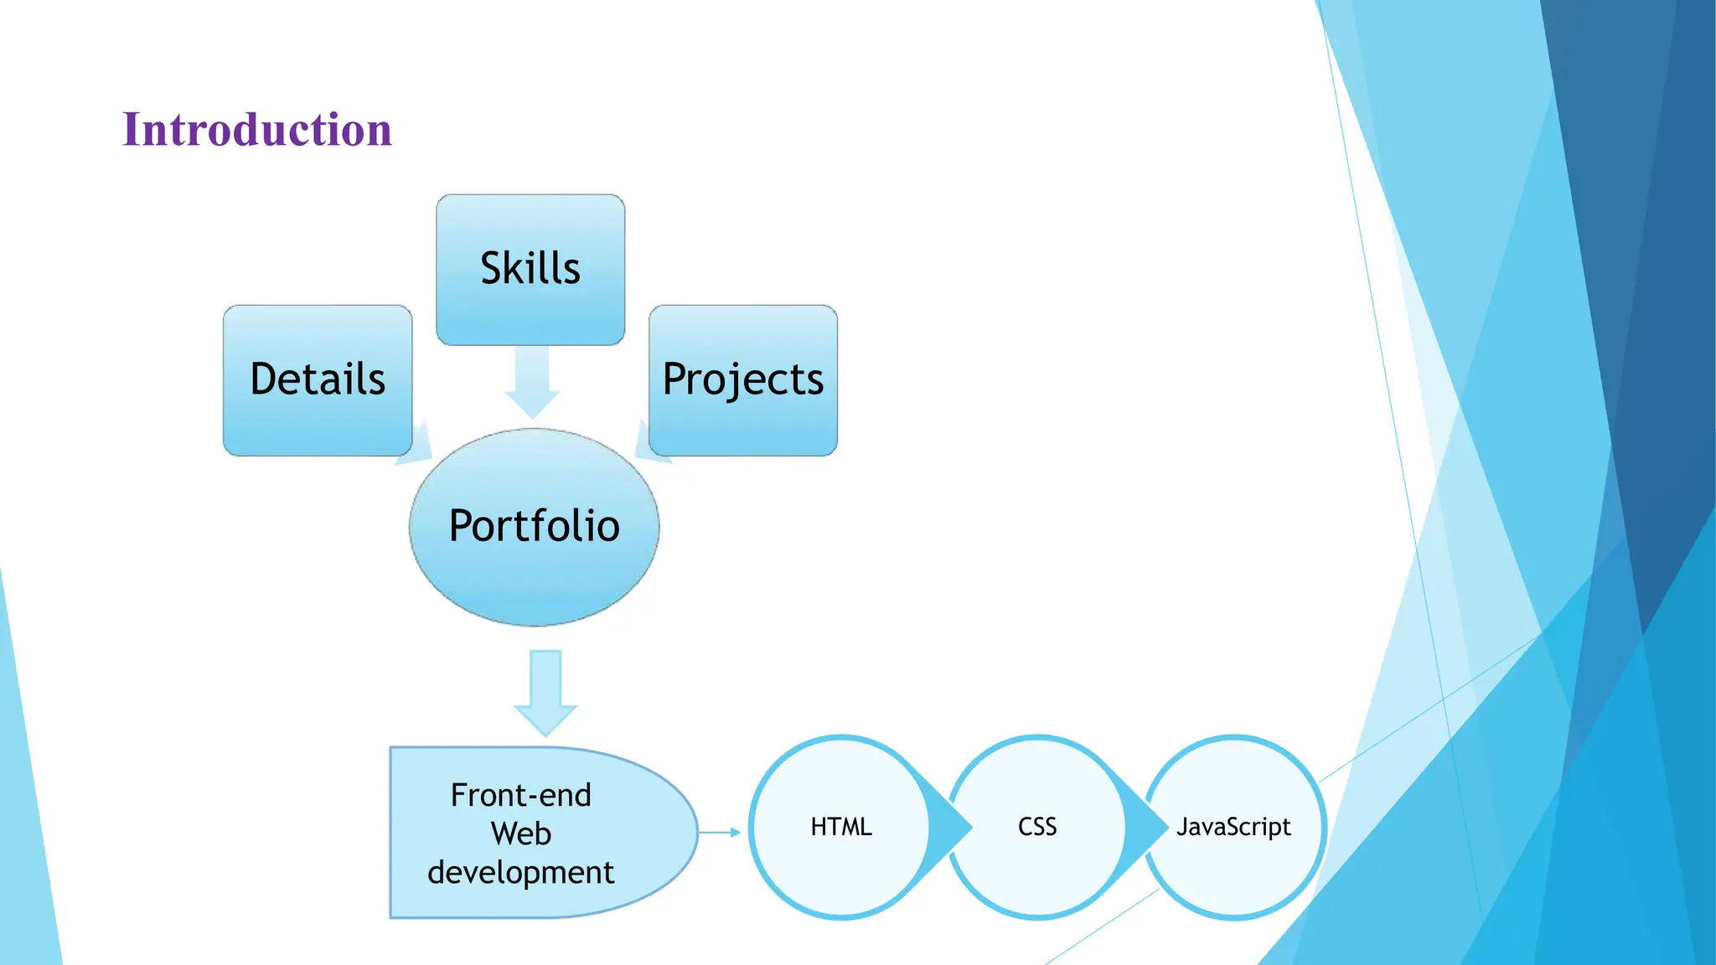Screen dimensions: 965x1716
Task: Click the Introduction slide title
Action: coord(257,130)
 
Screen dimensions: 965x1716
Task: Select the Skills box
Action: coord(530,270)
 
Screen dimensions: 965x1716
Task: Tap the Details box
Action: coord(318,379)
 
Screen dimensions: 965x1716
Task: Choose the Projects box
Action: coord(743,379)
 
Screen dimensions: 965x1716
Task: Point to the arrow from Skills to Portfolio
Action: coord(532,381)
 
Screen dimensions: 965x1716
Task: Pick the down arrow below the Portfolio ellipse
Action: coord(545,691)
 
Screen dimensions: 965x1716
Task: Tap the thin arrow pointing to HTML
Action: coord(720,832)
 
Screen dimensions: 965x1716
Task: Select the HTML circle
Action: coord(841,827)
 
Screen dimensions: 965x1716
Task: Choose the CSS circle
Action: coord(1037,827)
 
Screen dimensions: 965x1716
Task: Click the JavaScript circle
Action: coord(1233,827)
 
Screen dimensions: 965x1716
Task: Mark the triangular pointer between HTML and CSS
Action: coord(951,827)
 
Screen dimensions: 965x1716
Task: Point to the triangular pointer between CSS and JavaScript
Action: coord(1147,827)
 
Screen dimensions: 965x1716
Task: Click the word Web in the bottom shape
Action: coord(520,833)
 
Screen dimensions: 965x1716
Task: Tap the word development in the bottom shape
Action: coord(520,873)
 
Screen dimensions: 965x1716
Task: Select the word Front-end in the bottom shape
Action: coord(520,795)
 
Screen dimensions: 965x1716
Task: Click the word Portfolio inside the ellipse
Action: coord(534,526)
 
